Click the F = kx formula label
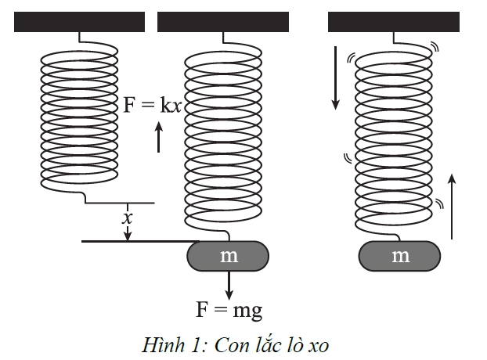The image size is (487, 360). click(153, 105)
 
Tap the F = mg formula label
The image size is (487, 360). click(229, 310)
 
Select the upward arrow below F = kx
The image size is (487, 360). click(159, 137)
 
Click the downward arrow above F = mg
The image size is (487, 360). click(229, 285)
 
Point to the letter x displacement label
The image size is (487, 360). click(127, 218)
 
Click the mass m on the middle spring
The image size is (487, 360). click(228, 256)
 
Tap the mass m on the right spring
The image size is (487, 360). click(399, 256)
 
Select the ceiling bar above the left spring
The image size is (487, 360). click(80, 22)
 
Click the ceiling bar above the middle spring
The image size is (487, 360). click(223, 22)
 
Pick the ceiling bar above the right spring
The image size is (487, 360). click(394, 22)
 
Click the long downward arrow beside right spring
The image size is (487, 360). click(335, 78)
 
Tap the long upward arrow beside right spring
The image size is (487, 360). click(452, 207)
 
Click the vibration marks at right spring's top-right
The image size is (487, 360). click(435, 46)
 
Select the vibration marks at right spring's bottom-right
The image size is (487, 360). click(439, 203)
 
